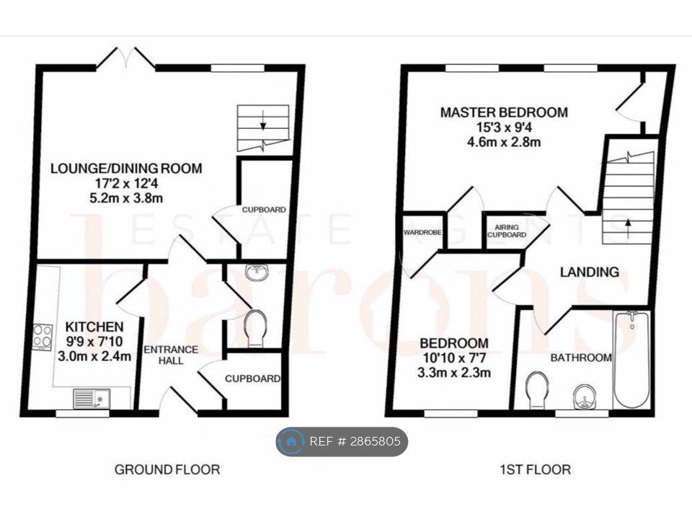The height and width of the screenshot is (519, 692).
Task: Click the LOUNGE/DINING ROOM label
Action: (x=126, y=169)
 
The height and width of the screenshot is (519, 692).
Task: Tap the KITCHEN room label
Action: (x=94, y=327)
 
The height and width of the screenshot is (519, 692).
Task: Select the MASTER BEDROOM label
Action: (x=504, y=112)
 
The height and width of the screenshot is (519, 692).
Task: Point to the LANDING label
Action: (x=589, y=272)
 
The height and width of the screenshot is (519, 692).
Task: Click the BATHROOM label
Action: (x=581, y=358)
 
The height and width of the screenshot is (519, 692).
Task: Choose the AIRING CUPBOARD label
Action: (x=507, y=231)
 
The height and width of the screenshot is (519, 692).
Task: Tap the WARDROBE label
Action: (x=422, y=232)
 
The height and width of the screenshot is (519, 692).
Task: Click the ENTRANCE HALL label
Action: (x=172, y=355)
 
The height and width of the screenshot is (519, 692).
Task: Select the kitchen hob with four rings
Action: (x=43, y=337)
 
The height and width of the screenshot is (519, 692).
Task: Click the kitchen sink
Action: (x=92, y=399)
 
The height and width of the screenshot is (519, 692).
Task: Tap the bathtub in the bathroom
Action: (x=632, y=360)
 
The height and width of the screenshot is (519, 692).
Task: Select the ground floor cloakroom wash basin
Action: (x=257, y=272)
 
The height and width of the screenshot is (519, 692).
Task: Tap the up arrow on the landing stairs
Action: (x=628, y=229)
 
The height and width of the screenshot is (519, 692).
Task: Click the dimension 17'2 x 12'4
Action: (x=126, y=183)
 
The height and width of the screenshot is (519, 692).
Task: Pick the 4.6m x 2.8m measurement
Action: (x=504, y=142)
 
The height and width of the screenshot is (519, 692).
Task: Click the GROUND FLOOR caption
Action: (x=167, y=469)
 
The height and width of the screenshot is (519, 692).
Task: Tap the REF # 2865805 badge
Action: (x=342, y=441)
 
